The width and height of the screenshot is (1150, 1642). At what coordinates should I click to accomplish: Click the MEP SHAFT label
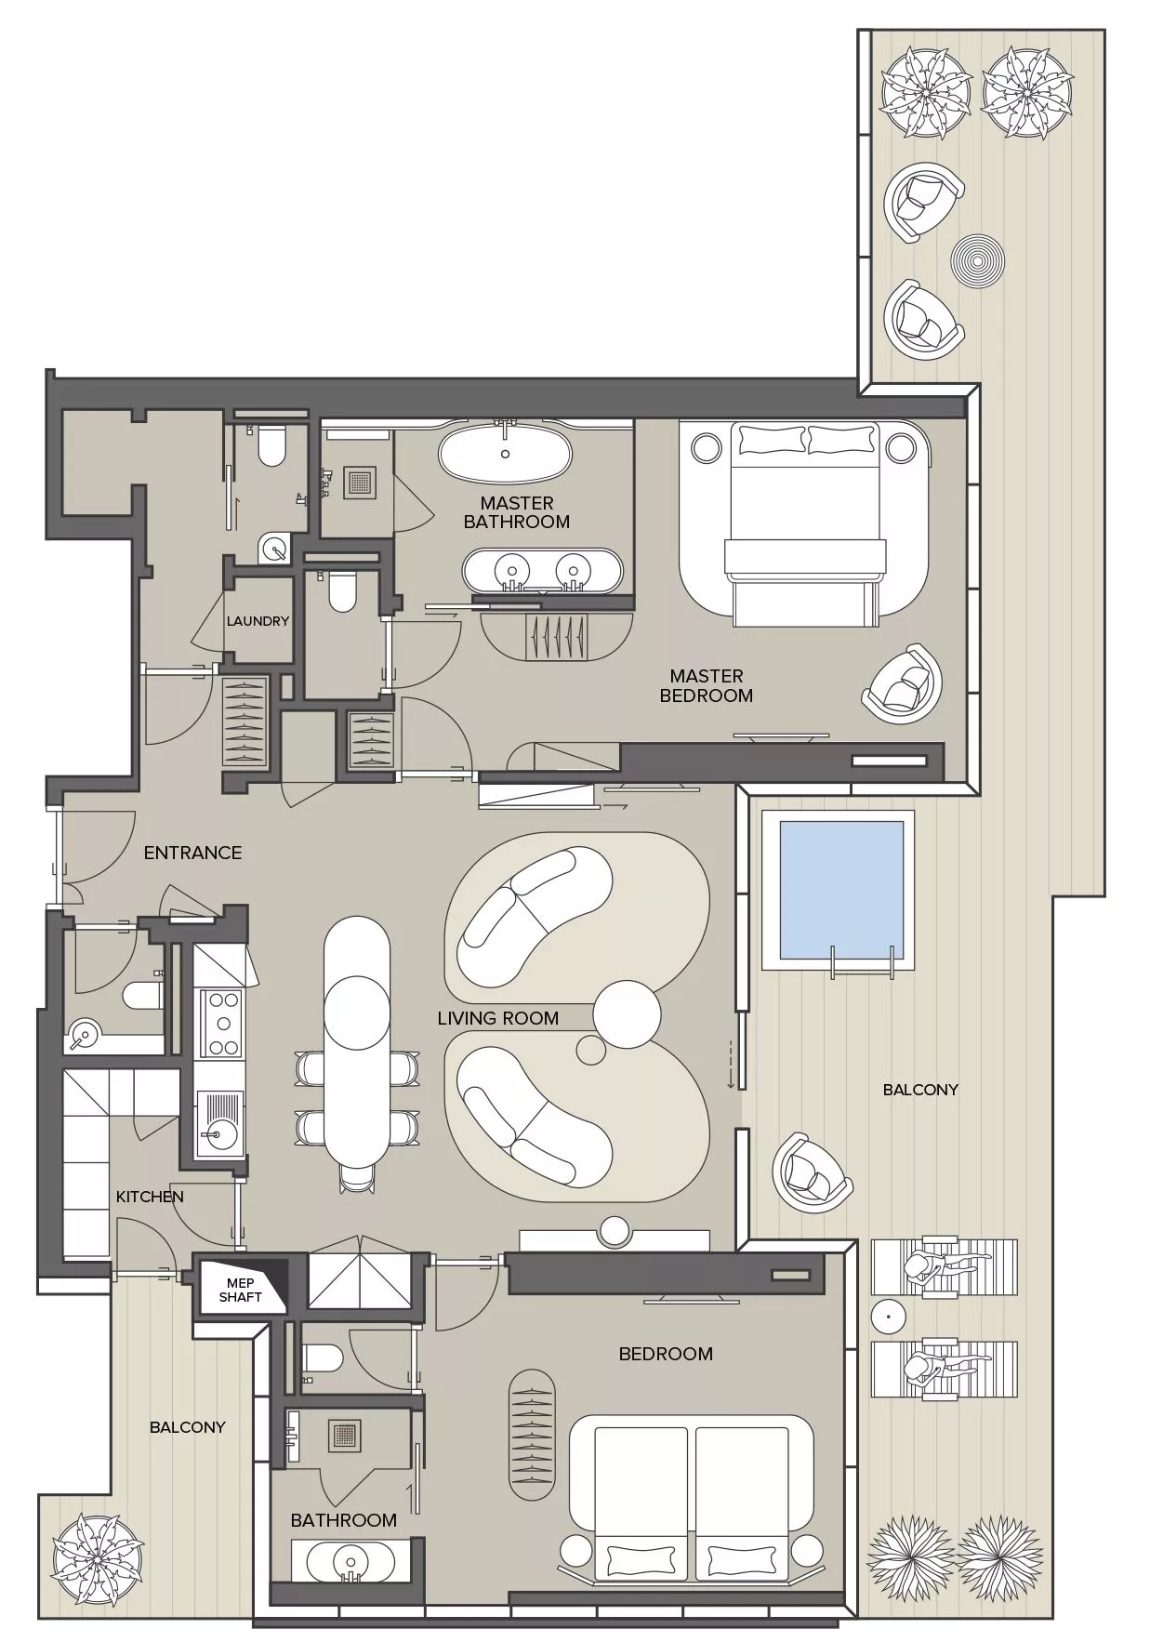240,1290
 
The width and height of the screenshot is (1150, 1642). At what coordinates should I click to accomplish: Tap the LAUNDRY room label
258,621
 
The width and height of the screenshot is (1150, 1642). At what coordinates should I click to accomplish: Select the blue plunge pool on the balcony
839,890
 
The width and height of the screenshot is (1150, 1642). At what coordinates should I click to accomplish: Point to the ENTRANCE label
192,853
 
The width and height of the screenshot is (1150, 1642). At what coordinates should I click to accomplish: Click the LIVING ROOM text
497,1018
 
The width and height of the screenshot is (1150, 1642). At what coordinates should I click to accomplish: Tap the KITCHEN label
150,1197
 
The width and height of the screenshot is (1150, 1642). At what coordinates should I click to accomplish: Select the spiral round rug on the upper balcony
977,258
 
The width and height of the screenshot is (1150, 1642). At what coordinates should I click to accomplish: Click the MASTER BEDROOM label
706,685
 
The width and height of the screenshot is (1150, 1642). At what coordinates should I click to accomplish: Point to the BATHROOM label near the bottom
343,1520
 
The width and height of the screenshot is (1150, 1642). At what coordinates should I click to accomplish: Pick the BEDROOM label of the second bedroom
666,1354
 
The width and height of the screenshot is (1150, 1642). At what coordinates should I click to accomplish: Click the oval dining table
356,1040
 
